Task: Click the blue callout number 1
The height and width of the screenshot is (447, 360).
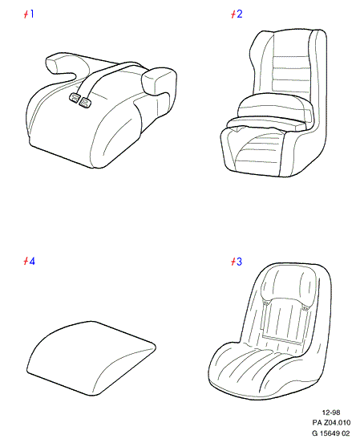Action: click(31, 14)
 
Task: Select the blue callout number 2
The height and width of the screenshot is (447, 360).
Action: click(239, 14)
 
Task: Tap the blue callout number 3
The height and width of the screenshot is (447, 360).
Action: click(239, 261)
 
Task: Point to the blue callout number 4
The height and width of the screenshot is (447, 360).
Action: click(32, 261)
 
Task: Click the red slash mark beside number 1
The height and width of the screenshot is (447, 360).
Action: click(26, 14)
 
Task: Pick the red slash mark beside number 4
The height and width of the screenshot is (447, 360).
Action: click(26, 261)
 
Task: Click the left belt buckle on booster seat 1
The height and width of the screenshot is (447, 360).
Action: click(74, 98)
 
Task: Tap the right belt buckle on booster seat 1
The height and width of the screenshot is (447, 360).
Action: click(85, 102)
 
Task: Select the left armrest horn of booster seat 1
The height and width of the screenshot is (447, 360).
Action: click(60, 65)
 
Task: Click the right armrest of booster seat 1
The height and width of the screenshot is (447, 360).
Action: click(158, 81)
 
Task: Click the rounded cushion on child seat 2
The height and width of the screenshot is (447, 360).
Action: click(275, 106)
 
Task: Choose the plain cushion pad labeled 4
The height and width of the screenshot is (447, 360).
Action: click(91, 358)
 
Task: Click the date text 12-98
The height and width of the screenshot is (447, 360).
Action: click(331, 412)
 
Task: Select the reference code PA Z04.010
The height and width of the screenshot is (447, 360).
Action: click(331, 422)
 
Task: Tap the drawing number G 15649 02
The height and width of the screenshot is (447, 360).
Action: click(331, 433)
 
